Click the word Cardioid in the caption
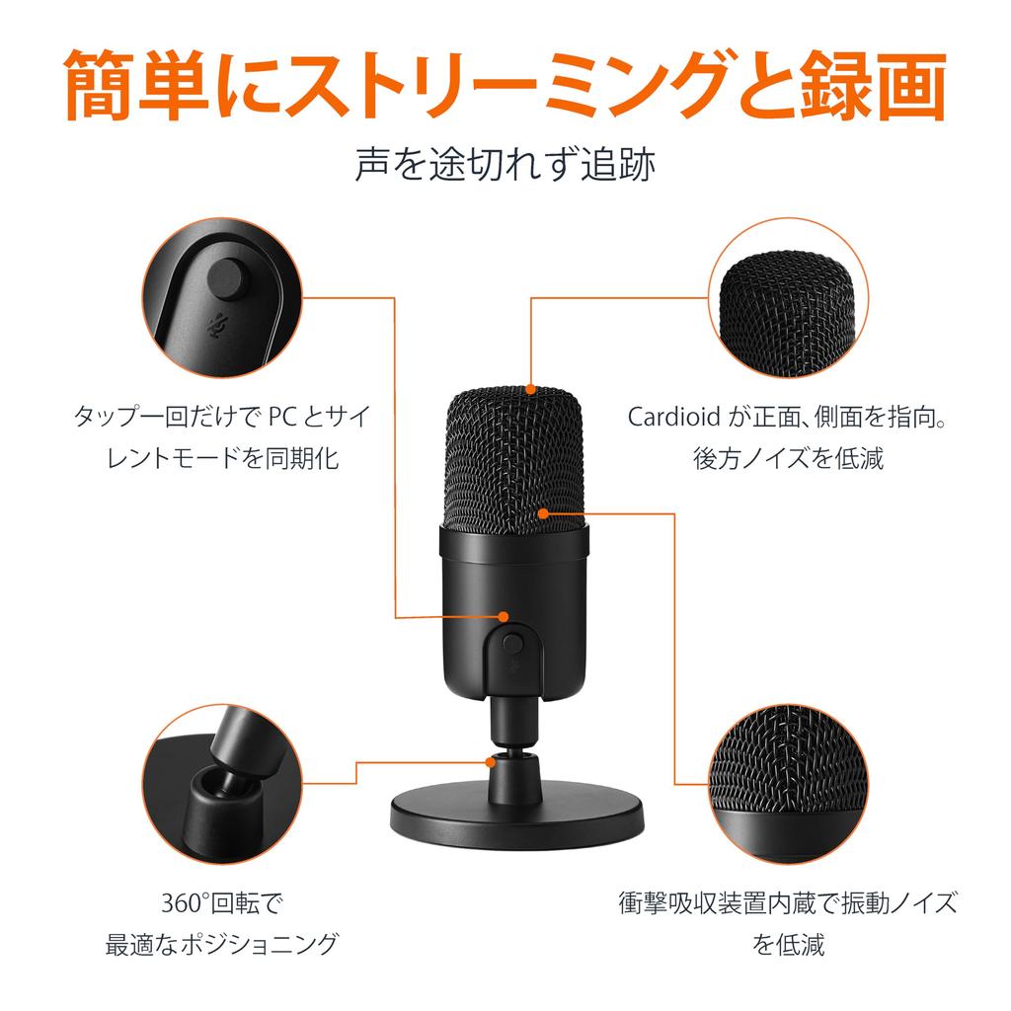click(669, 416)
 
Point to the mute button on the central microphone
click(511, 642)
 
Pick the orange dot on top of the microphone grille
click(530, 389)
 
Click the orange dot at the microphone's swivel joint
click(492, 762)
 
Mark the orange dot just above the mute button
click(503, 616)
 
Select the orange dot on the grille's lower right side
click(543, 513)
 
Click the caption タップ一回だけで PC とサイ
click(222, 416)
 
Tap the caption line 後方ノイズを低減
click(788, 458)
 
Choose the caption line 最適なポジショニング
click(222, 945)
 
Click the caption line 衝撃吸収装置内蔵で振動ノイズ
click(788, 903)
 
